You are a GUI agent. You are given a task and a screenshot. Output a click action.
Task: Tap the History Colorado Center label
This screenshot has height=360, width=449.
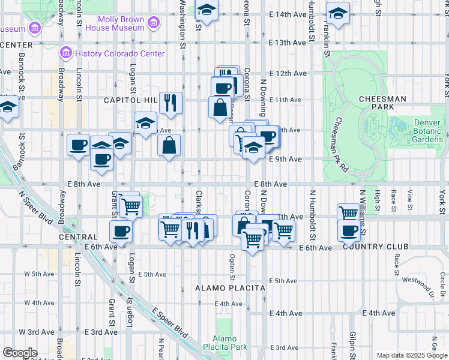tap(120, 53)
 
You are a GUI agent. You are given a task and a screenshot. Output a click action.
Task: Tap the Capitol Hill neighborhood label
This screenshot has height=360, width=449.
tap(130, 100)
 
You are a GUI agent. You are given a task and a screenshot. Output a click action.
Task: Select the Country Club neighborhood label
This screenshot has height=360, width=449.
tap(375, 247)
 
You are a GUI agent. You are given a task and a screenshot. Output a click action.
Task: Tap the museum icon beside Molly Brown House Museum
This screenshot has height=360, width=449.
tap(154, 23)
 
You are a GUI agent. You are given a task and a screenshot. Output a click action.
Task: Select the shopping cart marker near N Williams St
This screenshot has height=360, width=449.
tap(348, 212)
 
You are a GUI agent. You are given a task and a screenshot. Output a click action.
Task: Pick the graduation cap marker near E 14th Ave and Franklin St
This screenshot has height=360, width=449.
tap(338, 14)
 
